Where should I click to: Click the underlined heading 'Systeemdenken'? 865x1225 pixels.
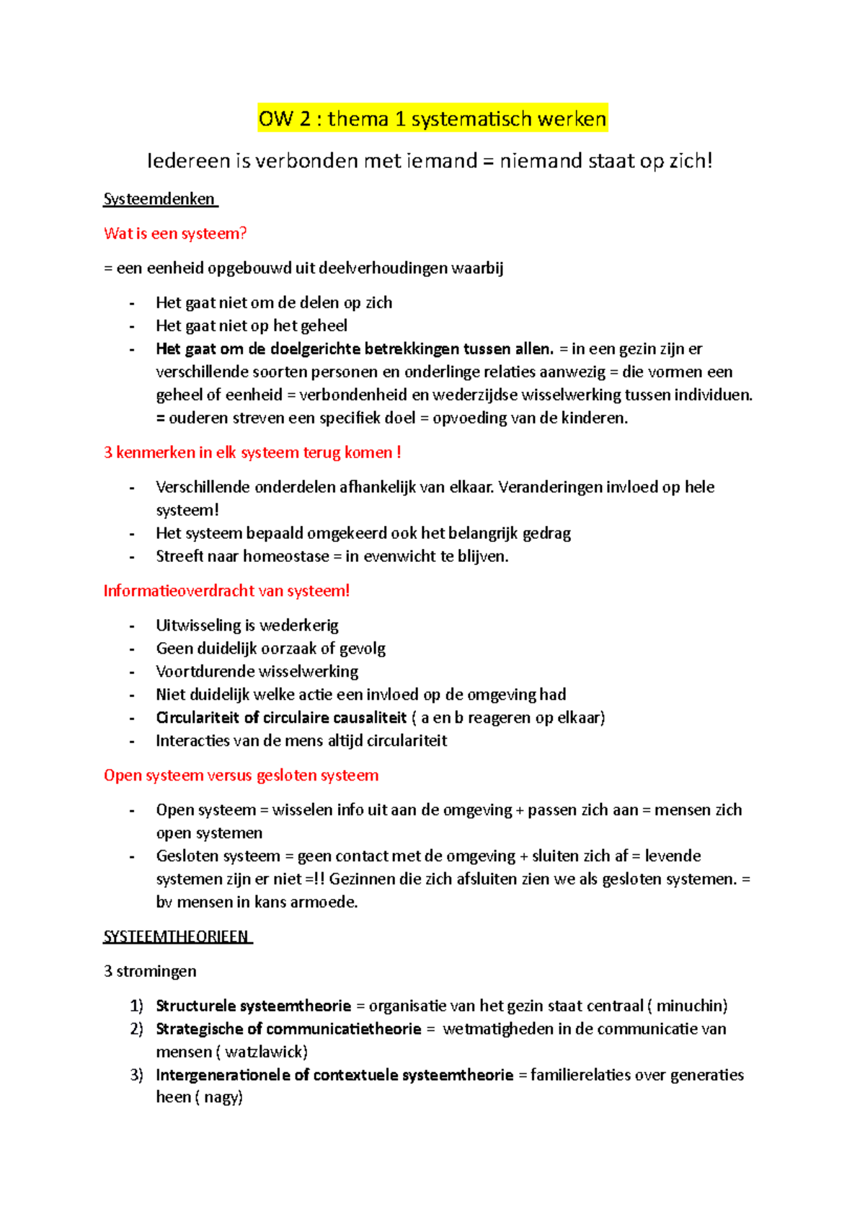pyautogui.click(x=159, y=199)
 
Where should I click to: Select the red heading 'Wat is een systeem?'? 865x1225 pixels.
pyautogui.click(x=175, y=234)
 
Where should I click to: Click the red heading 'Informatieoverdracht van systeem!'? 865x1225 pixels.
pyautogui.click(x=226, y=591)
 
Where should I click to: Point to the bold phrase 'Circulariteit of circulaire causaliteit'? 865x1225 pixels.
pyautogui.click(x=281, y=718)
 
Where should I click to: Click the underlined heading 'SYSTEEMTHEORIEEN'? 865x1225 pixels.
pyautogui.click(x=177, y=937)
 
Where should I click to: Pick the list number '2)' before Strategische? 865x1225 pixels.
pyautogui.click(x=137, y=1029)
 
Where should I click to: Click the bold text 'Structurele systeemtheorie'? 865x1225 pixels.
pyautogui.click(x=253, y=1006)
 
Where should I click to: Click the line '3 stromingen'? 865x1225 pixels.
pyautogui.click(x=150, y=971)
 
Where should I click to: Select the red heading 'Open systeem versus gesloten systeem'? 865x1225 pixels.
pyautogui.click(x=241, y=776)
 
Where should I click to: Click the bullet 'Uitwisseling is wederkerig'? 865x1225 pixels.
pyautogui.click(x=247, y=625)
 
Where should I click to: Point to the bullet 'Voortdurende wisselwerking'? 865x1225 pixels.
pyautogui.click(x=257, y=672)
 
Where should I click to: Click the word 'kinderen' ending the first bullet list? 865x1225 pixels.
pyautogui.click(x=593, y=418)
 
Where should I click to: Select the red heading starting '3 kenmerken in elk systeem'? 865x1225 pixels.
pyautogui.click(x=252, y=453)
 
